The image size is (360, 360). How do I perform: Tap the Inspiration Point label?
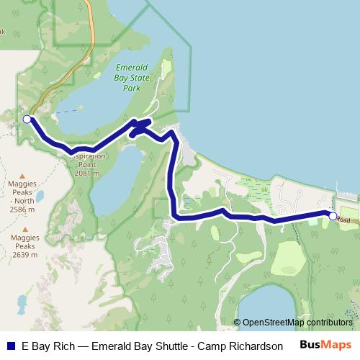(86, 163)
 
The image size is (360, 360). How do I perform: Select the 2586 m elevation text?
(22, 208)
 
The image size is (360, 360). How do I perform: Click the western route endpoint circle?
(27, 119)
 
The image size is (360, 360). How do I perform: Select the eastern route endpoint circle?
(333, 215)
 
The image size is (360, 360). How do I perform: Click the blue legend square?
(11, 345)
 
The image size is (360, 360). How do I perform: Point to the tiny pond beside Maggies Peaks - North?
(40, 195)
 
